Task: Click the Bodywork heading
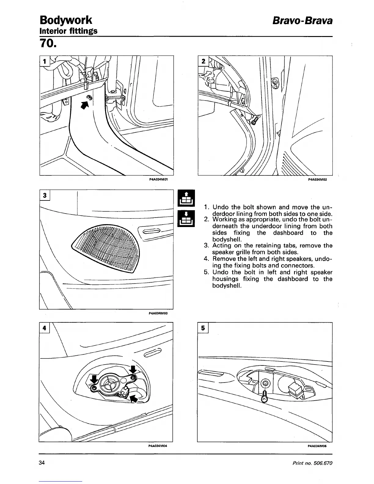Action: coord(66,20)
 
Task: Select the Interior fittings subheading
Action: coord(68,31)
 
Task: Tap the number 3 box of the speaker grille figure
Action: coord(45,195)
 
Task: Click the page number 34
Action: coord(42,463)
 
